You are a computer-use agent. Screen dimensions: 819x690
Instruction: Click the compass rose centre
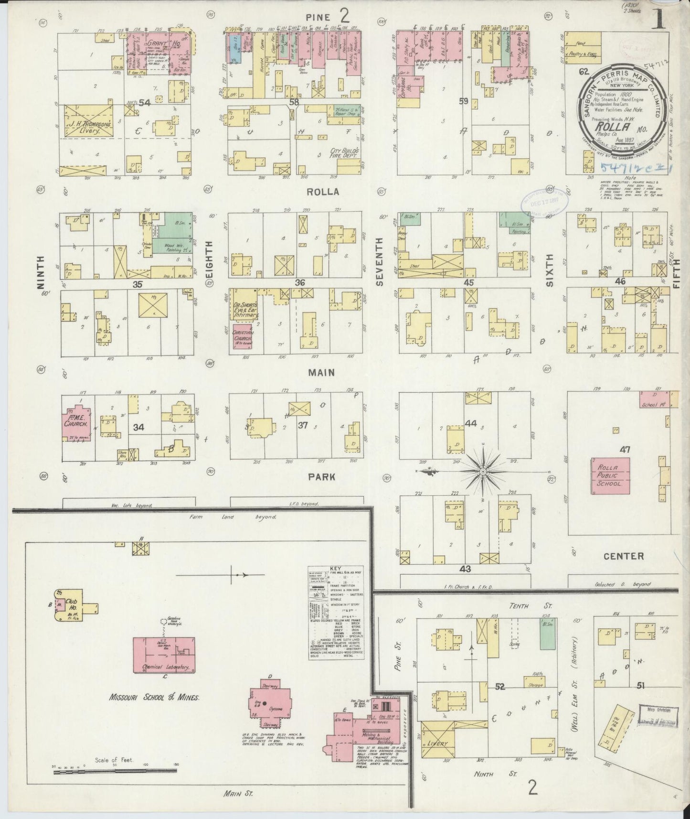point(483,471)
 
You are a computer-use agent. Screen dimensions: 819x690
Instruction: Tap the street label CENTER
point(624,556)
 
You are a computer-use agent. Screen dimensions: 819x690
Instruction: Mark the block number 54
point(145,102)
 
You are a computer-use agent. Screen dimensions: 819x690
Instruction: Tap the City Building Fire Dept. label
point(341,154)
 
